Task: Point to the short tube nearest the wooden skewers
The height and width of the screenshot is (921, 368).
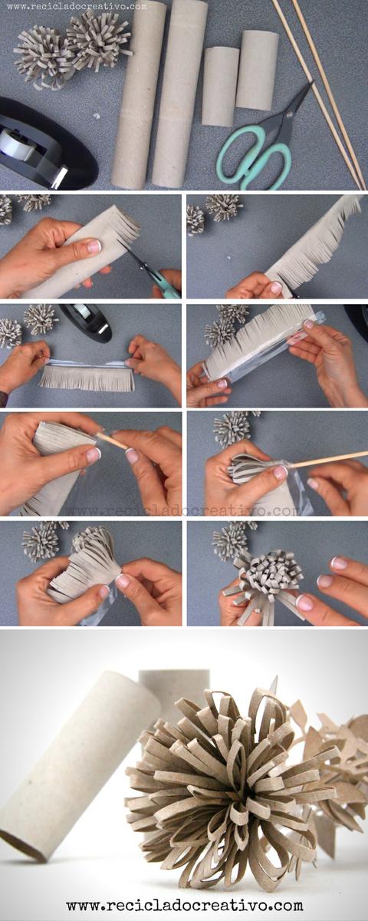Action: click(x=256, y=69)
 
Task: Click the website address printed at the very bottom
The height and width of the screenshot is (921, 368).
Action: click(x=184, y=906)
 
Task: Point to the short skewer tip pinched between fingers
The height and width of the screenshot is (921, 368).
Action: click(x=112, y=441)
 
